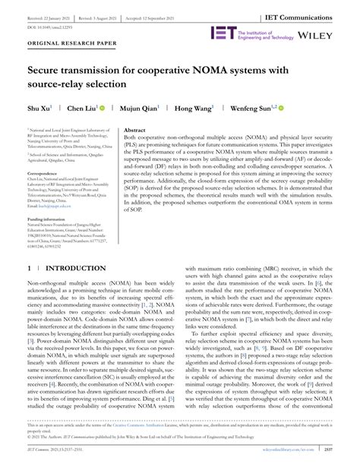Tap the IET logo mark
point(224,33)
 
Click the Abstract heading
point(134,131)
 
